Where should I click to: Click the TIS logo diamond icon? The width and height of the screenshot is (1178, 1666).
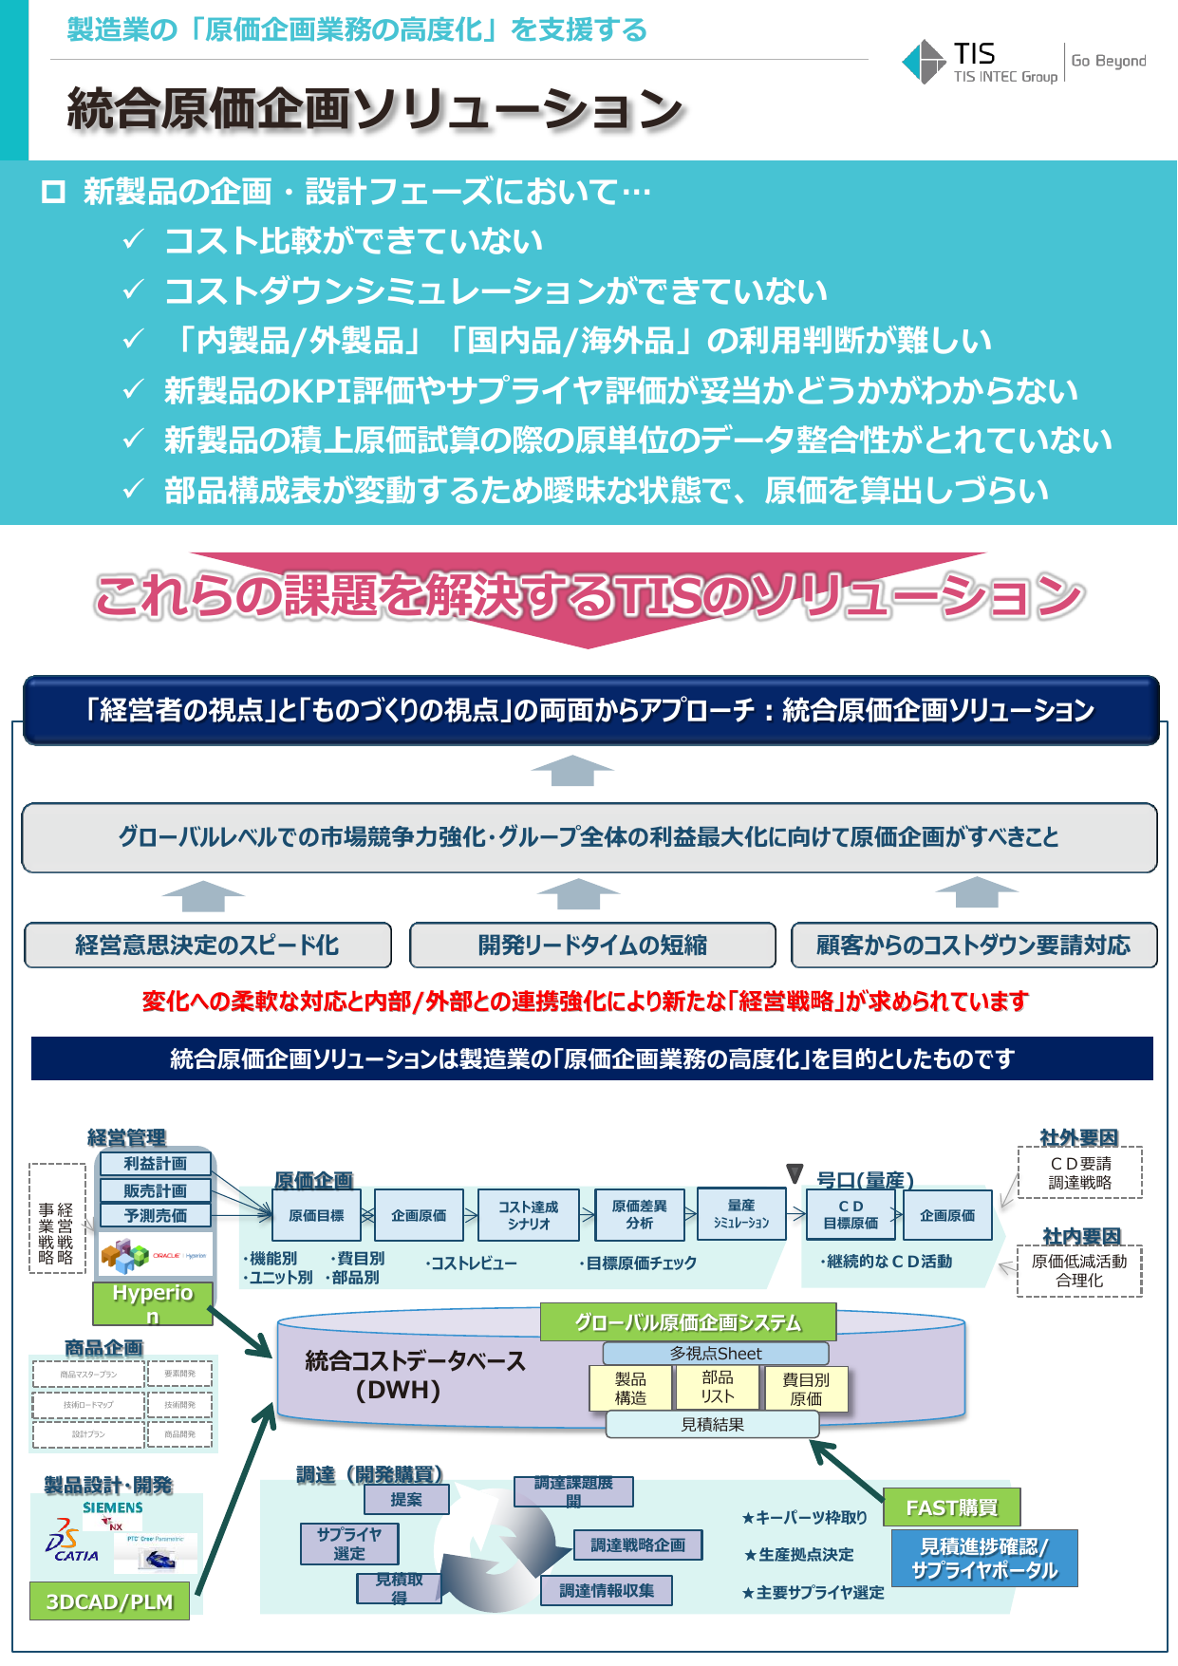pos(923,62)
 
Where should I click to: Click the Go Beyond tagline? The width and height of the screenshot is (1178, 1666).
pos(1108,62)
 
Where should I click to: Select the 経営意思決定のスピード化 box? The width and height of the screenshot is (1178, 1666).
pos(208,945)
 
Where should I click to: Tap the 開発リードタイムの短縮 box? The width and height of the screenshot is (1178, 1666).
pos(592,945)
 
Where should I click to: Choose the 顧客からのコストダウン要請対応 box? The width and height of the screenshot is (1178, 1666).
pos(974,945)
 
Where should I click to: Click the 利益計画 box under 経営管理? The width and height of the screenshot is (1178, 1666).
pos(156,1164)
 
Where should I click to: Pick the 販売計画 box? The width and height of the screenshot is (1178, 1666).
pos(156,1190)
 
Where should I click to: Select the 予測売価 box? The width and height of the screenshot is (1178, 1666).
pos(156,1215)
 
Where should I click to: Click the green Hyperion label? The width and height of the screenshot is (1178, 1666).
pos(153,1303)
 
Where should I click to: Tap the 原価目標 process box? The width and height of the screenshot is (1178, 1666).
pos(316,1215)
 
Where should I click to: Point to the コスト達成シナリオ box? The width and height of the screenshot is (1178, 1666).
pos(529,1215)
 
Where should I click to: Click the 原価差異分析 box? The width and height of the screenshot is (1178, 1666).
pos(639,1215)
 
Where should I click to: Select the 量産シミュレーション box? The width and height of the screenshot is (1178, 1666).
pos(741,1214)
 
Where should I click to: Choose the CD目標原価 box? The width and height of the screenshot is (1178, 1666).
pos(851,1215)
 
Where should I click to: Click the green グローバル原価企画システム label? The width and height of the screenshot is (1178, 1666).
pos(688,1322)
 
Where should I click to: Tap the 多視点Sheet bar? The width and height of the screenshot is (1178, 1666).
pos(716,1354)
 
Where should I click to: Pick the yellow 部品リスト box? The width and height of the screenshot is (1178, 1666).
pos(718,1388)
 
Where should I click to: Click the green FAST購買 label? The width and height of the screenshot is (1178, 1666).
pos(952,1507)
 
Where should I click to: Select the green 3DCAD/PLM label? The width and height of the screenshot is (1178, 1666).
pos(110,1601)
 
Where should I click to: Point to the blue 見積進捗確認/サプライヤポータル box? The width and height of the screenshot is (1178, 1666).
pos(984,1558)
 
